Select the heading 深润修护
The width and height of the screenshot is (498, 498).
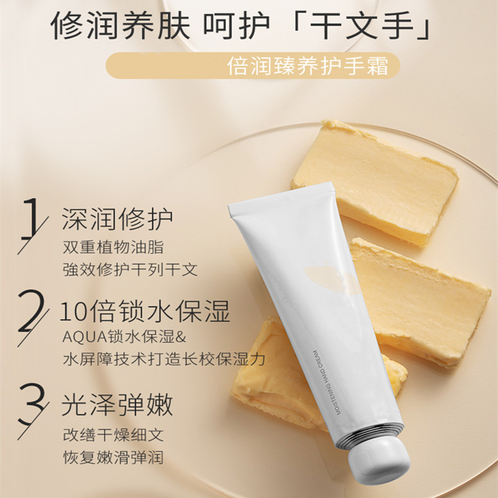pos(117,219)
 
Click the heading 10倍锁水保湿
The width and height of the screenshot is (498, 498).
pos(144,312)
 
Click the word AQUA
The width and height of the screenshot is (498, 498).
pos(85,337)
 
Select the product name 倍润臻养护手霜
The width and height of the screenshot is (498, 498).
pos(308,66)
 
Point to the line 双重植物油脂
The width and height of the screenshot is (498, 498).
pos(113,247)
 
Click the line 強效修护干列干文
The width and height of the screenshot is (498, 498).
pos(130,270)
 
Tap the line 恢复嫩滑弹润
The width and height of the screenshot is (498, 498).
pos(113,458)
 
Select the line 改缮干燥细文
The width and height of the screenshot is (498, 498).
pos(113,435)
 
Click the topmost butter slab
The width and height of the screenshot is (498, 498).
pos(375,181)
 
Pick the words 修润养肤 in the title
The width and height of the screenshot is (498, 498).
pos(120,25)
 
